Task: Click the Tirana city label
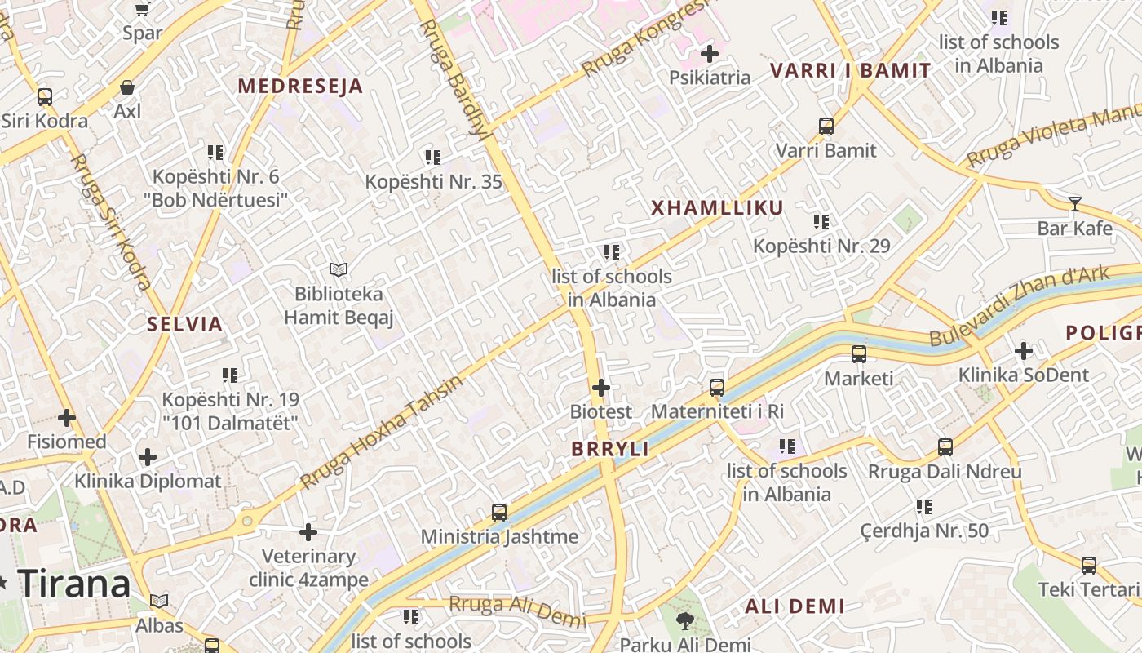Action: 74,584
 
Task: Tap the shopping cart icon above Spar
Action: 143,9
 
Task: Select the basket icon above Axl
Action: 127,87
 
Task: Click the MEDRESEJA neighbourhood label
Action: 300,87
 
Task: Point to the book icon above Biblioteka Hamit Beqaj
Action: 339,269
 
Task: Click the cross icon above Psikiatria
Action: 710,54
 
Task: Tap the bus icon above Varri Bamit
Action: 826,127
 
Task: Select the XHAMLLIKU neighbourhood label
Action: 717,208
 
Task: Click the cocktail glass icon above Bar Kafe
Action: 1075,204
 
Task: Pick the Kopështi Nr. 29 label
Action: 821,246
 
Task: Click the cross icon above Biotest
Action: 601,387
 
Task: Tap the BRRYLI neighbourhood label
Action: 610,449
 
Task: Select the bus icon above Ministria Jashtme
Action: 499,513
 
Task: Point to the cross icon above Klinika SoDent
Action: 1023,351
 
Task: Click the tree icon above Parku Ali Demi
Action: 684,621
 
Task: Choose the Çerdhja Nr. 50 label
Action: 924,531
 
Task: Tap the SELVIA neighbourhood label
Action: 185,324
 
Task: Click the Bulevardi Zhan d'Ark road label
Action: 1019,306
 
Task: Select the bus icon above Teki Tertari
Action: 1088,565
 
